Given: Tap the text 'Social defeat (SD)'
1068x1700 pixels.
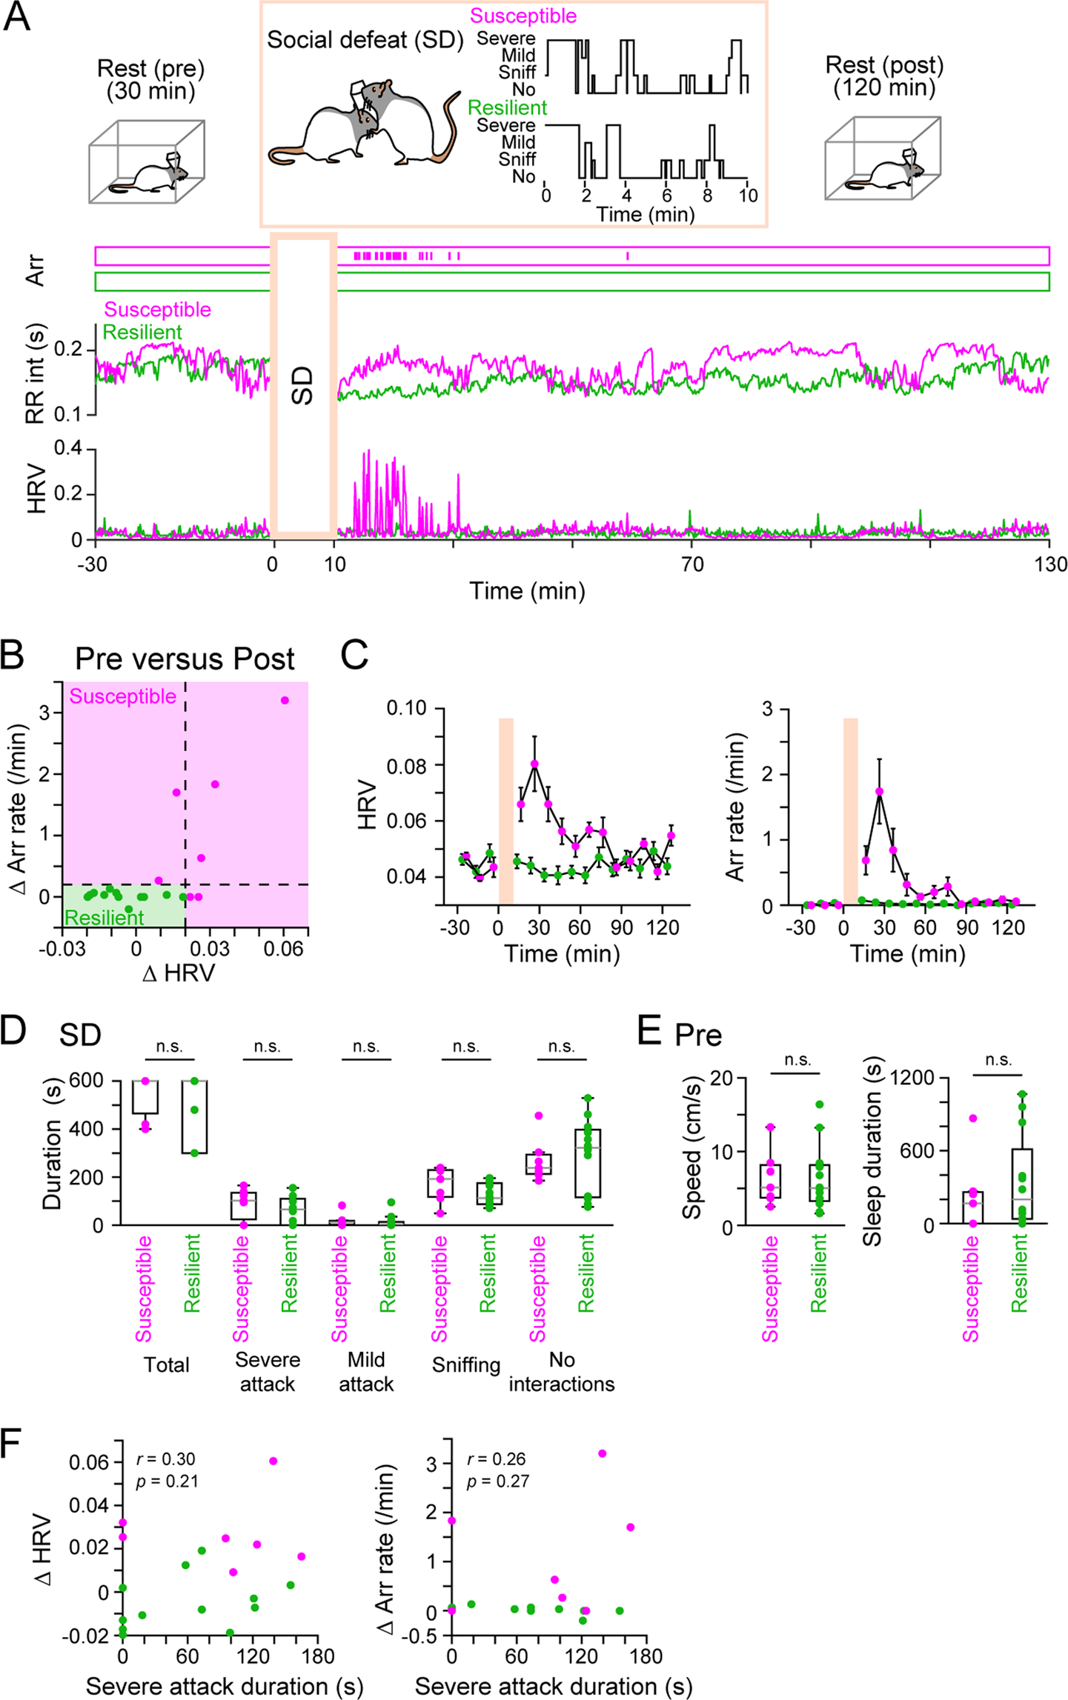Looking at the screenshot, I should (x=365, y=40).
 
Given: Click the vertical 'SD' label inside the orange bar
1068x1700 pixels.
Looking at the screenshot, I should (x=303, y=385).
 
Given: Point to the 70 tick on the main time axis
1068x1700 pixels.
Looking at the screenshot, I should (x=692, y=564).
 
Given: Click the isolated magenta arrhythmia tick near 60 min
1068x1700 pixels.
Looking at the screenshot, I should (x=628, y=256).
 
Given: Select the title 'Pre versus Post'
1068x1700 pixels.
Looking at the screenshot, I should (x=185, y=659).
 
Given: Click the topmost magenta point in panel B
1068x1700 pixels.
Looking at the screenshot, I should (x=285, y=700).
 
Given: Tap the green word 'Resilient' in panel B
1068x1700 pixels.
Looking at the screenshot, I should (x=105, y=918).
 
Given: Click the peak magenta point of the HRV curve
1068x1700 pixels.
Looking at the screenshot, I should (x=534, y=764).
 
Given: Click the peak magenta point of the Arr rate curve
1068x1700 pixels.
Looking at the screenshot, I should (x=880, y=791).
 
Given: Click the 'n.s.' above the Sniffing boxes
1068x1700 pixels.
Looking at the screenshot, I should (x=465, y=1047).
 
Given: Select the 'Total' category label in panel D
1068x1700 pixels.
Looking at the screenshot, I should (x=167, y=1364).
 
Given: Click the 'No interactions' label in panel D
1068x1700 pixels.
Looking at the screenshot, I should (x=562, y=1372).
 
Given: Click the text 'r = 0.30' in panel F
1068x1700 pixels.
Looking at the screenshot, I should (x=166, y=1459).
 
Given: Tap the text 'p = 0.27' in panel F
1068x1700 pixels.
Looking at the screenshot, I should (x=497, y=1481).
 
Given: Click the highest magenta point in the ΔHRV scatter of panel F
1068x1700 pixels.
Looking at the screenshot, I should (x=273, y=1461).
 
